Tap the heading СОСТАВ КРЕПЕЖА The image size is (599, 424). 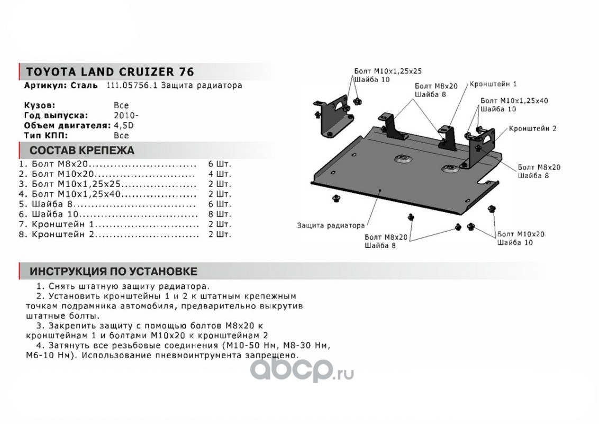pos(81,150)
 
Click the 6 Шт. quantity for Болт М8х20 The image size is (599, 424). pos(220,164)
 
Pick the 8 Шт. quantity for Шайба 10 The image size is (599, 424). pos(220,214)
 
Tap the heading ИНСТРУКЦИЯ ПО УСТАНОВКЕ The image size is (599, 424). pos(113,271)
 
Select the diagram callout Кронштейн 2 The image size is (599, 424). pos(532,128)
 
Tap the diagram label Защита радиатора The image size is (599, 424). pos(331,225)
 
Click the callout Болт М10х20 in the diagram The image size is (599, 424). pos(521,234)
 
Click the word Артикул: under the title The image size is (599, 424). pos(45,85)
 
